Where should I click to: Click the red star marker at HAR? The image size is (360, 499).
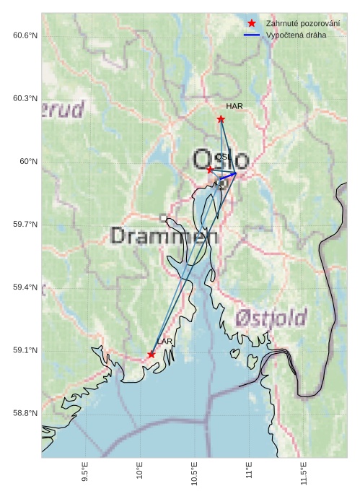click(x=221, y=119)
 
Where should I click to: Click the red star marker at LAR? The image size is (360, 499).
click(x=152, y=354)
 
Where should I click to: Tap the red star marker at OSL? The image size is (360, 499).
click(x=210, y=170)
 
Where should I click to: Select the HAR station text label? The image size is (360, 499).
click(x=234, y=106)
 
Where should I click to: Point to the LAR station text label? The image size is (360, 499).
click(x=164, y=341)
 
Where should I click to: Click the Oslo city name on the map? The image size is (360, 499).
click(x=221, y=159)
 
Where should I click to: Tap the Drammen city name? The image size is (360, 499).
click(x=164, y=235)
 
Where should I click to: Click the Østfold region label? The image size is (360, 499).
click(x=271, y=317)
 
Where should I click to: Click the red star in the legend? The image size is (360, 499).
click(x=252, y=24)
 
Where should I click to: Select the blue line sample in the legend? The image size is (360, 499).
click(x=252, y=35)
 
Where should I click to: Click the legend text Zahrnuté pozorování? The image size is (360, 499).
click(x=302, y=24)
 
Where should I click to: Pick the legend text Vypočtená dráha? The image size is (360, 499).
click(x=296, y=35)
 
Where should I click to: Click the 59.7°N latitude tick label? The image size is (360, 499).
click(x=25, y=225)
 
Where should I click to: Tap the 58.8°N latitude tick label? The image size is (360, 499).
click(x=25, y=413)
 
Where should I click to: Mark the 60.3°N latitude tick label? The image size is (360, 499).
click(x=25, y=98)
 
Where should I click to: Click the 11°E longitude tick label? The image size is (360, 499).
click(x=250, y=471)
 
